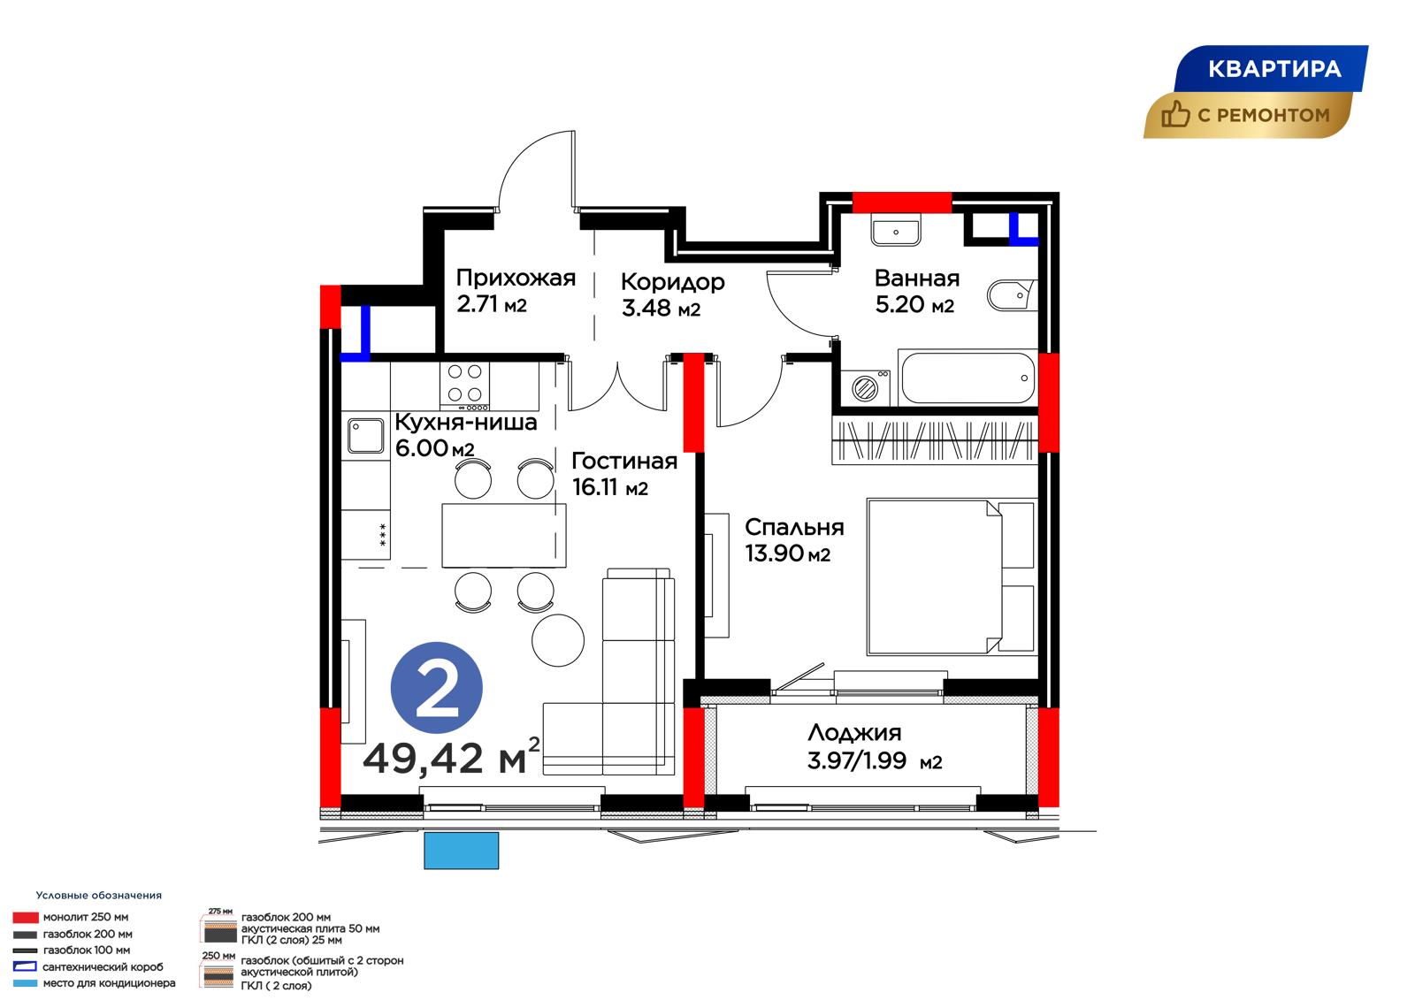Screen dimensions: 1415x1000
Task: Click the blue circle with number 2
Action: click(x=437, y=688)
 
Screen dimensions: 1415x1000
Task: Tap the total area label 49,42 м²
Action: click(x=451, y=757)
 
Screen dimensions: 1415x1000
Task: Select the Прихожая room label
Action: click(x=516, y=278)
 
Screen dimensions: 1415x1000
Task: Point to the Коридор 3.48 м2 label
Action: click(x=673, y=294)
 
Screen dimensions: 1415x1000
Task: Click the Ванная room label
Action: click(x=916, y=278)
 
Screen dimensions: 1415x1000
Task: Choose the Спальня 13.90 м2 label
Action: click(x=794, y=540)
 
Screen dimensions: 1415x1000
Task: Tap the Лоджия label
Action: click(x=854, y=733)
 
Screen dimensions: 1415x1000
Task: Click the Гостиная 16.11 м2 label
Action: click(x=624, y=474)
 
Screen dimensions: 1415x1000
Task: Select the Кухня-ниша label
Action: click(x=465, y=422)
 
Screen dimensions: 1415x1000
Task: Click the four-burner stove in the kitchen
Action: click(x=464, y=386)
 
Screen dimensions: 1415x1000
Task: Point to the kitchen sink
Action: click(x=365, y=436)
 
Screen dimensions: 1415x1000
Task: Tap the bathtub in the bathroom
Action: click(x=968, y=378)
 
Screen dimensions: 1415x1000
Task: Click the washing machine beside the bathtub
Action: click(x=865, y=387)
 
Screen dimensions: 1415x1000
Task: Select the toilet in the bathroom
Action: click(x=1012, y=295)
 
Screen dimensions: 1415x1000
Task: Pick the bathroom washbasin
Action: click(x=896, y=230)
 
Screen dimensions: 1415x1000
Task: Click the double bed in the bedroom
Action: click(x=951, y=576)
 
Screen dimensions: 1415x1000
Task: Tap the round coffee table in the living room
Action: click(x=558, y=640)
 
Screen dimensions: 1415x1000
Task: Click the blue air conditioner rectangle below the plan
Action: click(x=461, y=851)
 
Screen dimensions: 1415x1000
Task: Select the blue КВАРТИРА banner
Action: click(x=1271, y=69)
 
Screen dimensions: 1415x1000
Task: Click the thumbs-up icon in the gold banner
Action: click(x=1175, y=114)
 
